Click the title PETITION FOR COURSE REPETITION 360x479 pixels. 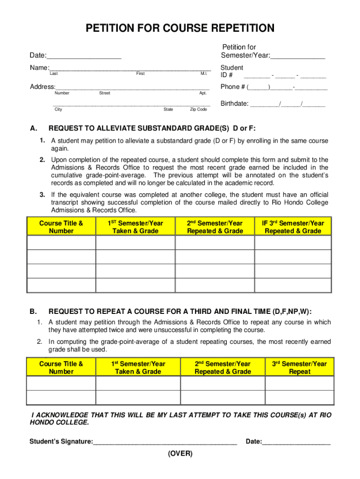[180, 29]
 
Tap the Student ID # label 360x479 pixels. [231, 72]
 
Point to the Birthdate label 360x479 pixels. [234, 104]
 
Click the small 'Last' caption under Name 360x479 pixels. [54, 74]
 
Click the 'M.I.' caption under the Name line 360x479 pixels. [204, 74]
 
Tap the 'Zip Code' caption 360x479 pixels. [198, 109]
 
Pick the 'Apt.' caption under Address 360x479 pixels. [203, 93]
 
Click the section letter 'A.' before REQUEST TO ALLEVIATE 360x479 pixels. [33, 129]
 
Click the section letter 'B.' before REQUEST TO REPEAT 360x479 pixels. [33, 312]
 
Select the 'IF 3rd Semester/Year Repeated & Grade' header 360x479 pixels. [293, 227]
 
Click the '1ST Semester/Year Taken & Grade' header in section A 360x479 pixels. [136, 227]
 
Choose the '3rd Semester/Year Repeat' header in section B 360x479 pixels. [300, 368]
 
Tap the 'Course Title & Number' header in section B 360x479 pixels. [61, 368]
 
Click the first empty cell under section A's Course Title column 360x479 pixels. [61, 242]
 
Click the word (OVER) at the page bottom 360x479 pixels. [180, 454]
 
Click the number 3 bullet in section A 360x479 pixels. [42, 195]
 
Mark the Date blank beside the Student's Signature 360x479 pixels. [296, 442]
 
